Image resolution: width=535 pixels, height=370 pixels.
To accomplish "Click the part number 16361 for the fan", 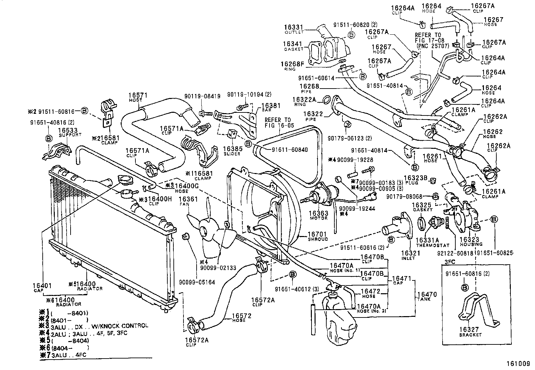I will point(189,199).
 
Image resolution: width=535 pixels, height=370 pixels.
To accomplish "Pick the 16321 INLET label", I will point(408,255).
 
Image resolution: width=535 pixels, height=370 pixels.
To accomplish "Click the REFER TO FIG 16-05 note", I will point(278,122).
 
